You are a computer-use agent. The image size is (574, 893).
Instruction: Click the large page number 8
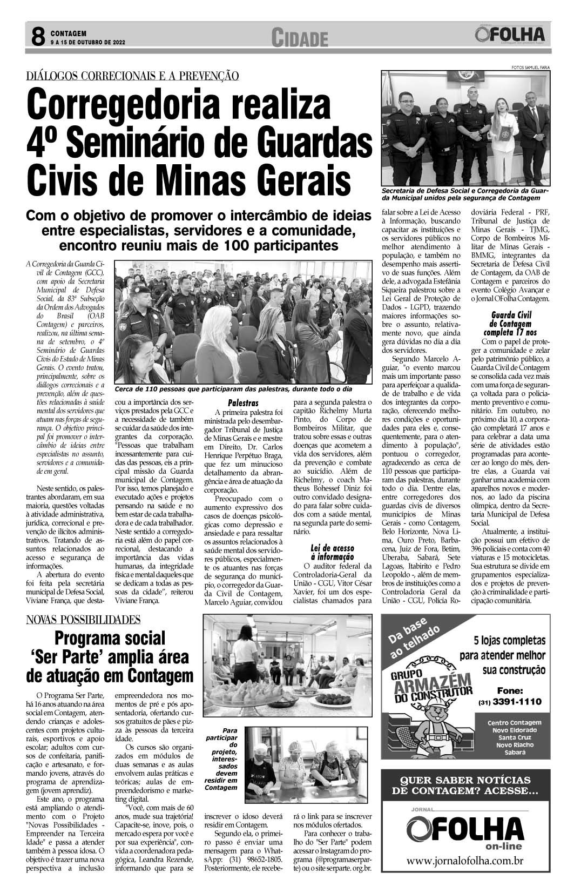pyautogui.click(x=37, y=37)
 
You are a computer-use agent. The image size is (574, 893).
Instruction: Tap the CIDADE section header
pyautogui.click(x=300, y=38)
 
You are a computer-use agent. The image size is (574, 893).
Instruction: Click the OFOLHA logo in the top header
pyautogui.click(x=510, y=35)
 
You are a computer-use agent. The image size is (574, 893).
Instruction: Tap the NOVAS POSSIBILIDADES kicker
pyautogui.click(x=84, y=620)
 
